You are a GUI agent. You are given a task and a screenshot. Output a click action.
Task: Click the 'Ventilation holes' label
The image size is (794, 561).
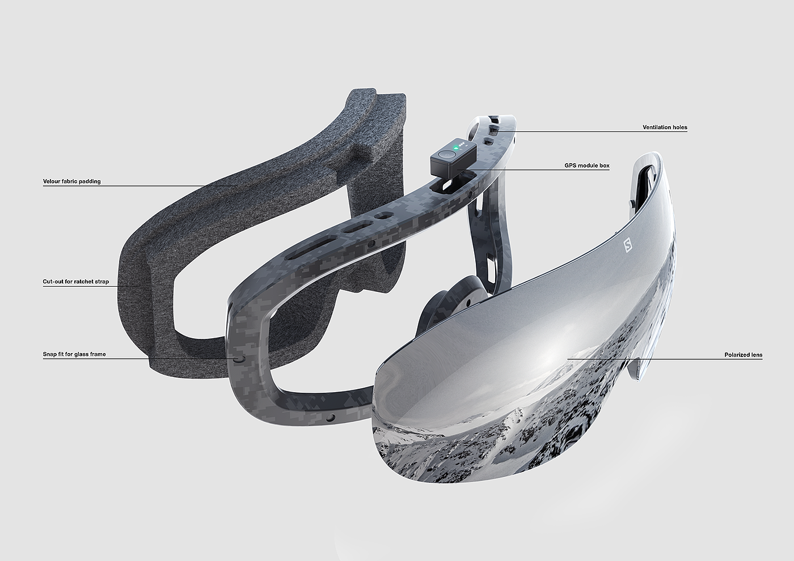[665, 127]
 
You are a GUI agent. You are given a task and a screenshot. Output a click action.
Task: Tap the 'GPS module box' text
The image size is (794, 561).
[587, 165]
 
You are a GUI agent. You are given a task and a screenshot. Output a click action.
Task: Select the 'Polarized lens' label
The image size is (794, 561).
[744, 355]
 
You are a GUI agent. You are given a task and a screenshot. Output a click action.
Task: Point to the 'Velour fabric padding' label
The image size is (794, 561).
[71, 181]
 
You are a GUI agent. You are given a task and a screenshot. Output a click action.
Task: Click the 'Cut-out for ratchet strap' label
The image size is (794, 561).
[76, 282]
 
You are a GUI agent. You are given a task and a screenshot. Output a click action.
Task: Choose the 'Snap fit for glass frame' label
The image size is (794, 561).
[74, 354]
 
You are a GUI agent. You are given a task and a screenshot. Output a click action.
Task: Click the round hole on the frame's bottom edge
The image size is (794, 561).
[332, 418]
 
